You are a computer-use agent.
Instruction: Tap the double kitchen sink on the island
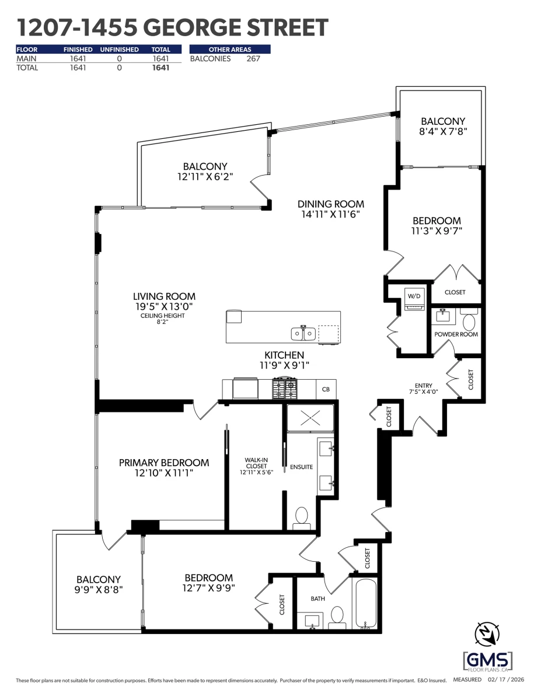click(x=303, y=334)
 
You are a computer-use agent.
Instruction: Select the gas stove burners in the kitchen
click(x=285, y=389)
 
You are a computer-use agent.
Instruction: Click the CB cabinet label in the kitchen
click(x=326, y=390)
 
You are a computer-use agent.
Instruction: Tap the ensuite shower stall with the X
click(x=310, y=418)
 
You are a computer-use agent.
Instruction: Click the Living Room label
click(x=165, y=296)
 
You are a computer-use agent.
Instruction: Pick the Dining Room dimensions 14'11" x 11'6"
click(x=330, y=214)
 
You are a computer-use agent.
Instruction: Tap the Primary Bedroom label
click(x=164, y=463)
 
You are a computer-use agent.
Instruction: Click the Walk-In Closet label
click(x=256, y=463)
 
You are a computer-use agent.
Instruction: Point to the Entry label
click(x=423, y=386)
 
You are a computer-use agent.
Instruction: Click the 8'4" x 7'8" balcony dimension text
click(x=443, y=131)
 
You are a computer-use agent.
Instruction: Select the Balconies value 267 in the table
click(x=253, y=59)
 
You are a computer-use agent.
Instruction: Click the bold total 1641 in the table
click(x=161, y=68)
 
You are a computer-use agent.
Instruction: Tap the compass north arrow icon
click(x=487, y=633)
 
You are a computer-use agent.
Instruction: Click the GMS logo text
click(x=487, y=658)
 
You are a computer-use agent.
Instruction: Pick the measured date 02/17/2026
click(x=506, y=680)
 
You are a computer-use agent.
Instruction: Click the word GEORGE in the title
click(x=191, y=27)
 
